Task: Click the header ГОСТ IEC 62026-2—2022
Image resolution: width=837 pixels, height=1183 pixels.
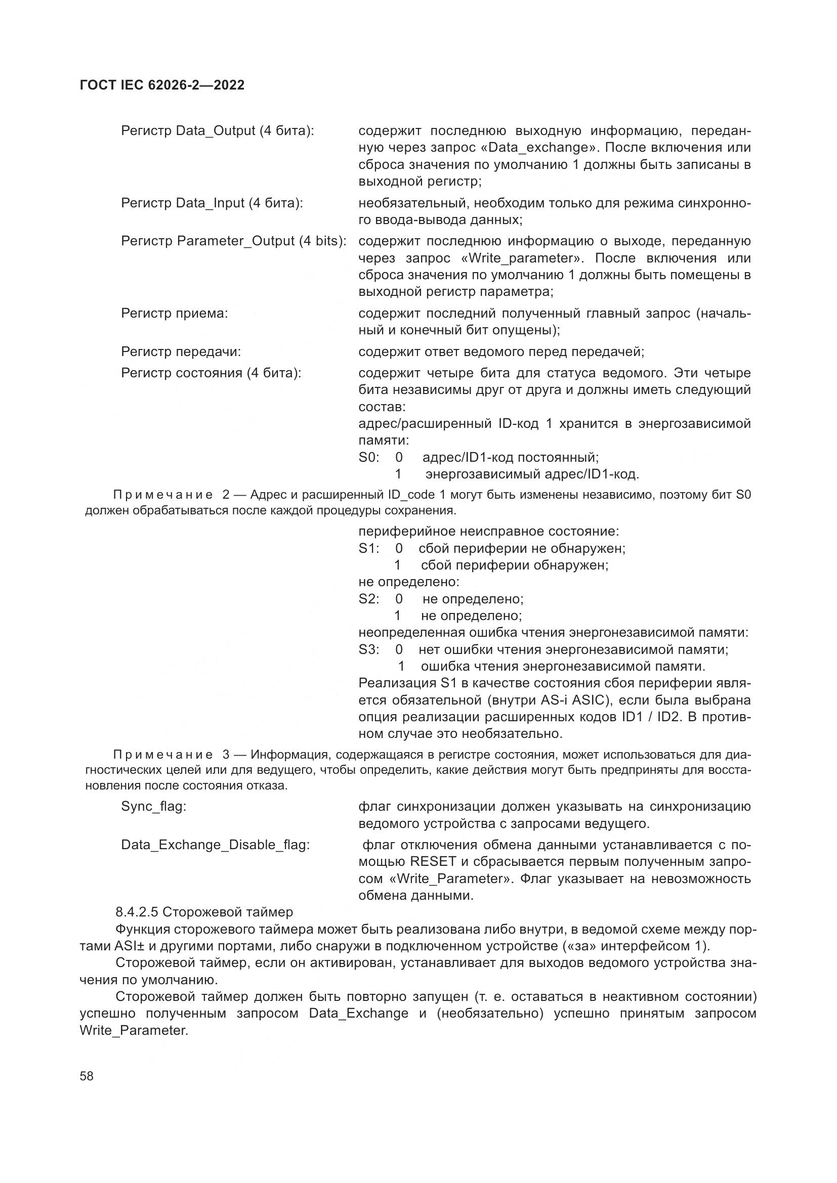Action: pos(162,85)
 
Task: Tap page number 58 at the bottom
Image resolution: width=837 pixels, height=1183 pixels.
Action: pos(87,1076)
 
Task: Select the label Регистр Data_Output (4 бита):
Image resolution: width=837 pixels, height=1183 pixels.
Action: pos(217,131)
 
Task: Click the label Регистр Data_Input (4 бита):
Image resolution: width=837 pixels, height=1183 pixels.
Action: pos(212,203)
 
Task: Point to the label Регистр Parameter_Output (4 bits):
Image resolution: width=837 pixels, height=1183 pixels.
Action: pos(233,241)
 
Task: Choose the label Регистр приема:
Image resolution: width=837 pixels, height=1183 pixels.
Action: pos(174,313)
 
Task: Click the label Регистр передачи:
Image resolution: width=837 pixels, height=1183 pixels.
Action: pos(181,352)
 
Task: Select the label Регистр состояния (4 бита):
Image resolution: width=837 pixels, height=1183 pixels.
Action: pos(211,373)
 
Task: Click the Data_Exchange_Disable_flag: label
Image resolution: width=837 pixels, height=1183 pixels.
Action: pos(216,845)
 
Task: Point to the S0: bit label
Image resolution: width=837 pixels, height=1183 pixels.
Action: pos(368,457)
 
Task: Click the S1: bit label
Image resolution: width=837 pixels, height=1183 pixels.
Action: pos(368,548)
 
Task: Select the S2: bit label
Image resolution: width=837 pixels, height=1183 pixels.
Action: pos(368,599)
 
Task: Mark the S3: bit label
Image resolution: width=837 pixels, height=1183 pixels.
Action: pos(368,649)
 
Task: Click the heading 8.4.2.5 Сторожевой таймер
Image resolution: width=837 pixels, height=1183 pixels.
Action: pos(204,912)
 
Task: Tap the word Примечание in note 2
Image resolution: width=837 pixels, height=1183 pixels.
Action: pos(162,495)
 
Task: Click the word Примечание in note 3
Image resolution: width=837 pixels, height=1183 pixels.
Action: pos(162,755)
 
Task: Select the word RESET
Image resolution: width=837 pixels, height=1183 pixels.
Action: pos(433,861)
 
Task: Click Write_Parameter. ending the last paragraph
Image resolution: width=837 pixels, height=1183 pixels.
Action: pos(134,1030)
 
